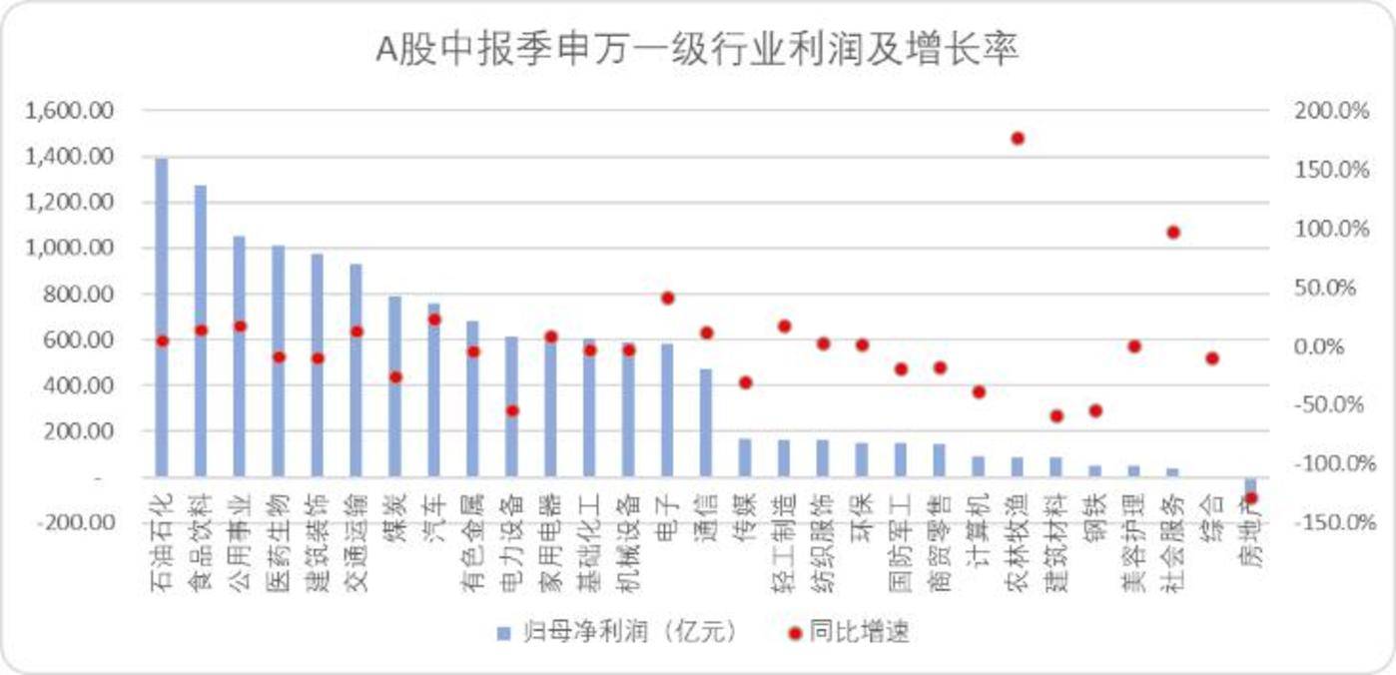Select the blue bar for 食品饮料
click(x=201, y=331)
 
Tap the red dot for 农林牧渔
click(x=1018, y=138)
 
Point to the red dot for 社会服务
click(x=1173, y=232)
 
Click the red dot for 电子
click(x=667, y=298)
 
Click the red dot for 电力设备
click(x=512, y=410)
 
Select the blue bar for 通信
click(x=706, y=423)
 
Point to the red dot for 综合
click(x=1212, y=357)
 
